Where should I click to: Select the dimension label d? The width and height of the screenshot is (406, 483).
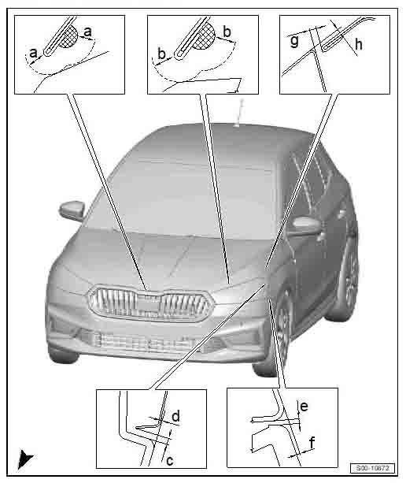pyautogui.click(x=177, y=414)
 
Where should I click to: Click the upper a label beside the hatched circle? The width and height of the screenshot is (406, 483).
pyautogui.click(x=87, y=31)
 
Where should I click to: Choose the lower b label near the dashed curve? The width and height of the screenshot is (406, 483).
pyautogui.click(x=162, y=54)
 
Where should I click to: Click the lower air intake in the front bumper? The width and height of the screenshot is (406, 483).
pyautogui.click(x=138, y=340)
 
